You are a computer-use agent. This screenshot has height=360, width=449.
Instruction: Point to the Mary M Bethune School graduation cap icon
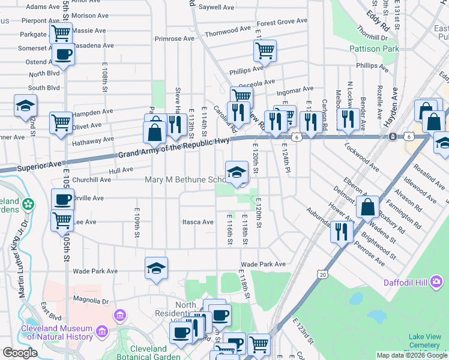237,172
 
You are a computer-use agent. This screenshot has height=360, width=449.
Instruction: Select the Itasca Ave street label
198,222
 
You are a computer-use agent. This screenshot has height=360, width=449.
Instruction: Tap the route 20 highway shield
324,274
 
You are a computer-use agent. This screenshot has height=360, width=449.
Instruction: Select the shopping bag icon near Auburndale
367,207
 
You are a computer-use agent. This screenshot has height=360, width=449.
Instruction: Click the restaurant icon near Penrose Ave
342,231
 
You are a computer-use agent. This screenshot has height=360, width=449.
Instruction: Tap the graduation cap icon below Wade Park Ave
156,268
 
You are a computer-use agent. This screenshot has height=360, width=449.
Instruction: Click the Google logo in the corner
19,353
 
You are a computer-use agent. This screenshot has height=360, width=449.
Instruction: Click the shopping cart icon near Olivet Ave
61,122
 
